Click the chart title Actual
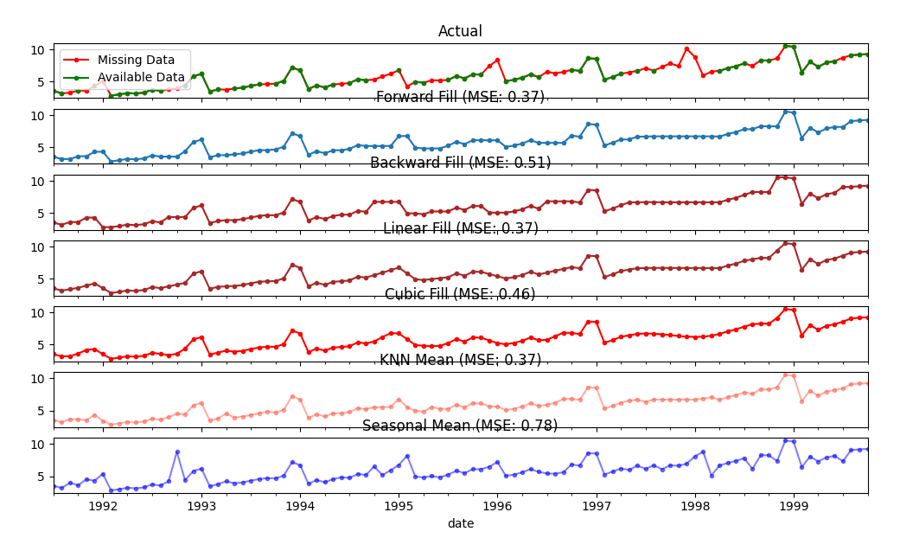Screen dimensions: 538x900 coord(460,31)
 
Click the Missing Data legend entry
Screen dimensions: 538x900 coord(143,60)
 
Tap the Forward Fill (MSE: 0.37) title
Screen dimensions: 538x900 coord(460,97)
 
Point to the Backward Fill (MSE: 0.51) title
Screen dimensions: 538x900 coord(460,163)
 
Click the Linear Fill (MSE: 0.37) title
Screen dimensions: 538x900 coord(460,228)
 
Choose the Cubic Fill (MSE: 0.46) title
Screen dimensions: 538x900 coord(460,294)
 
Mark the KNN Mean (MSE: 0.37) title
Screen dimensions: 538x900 coord(460,360)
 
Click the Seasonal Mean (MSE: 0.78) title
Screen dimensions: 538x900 coord(460,426)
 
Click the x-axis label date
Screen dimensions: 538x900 coord(460,523)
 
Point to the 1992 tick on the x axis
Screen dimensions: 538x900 coord(103,505)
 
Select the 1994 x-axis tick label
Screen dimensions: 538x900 coord(300,505)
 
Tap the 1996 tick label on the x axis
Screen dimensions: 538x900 coord(497,505)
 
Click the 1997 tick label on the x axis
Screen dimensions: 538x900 coord(597,505)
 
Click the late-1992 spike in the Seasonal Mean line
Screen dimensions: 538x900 coord(177,452)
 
